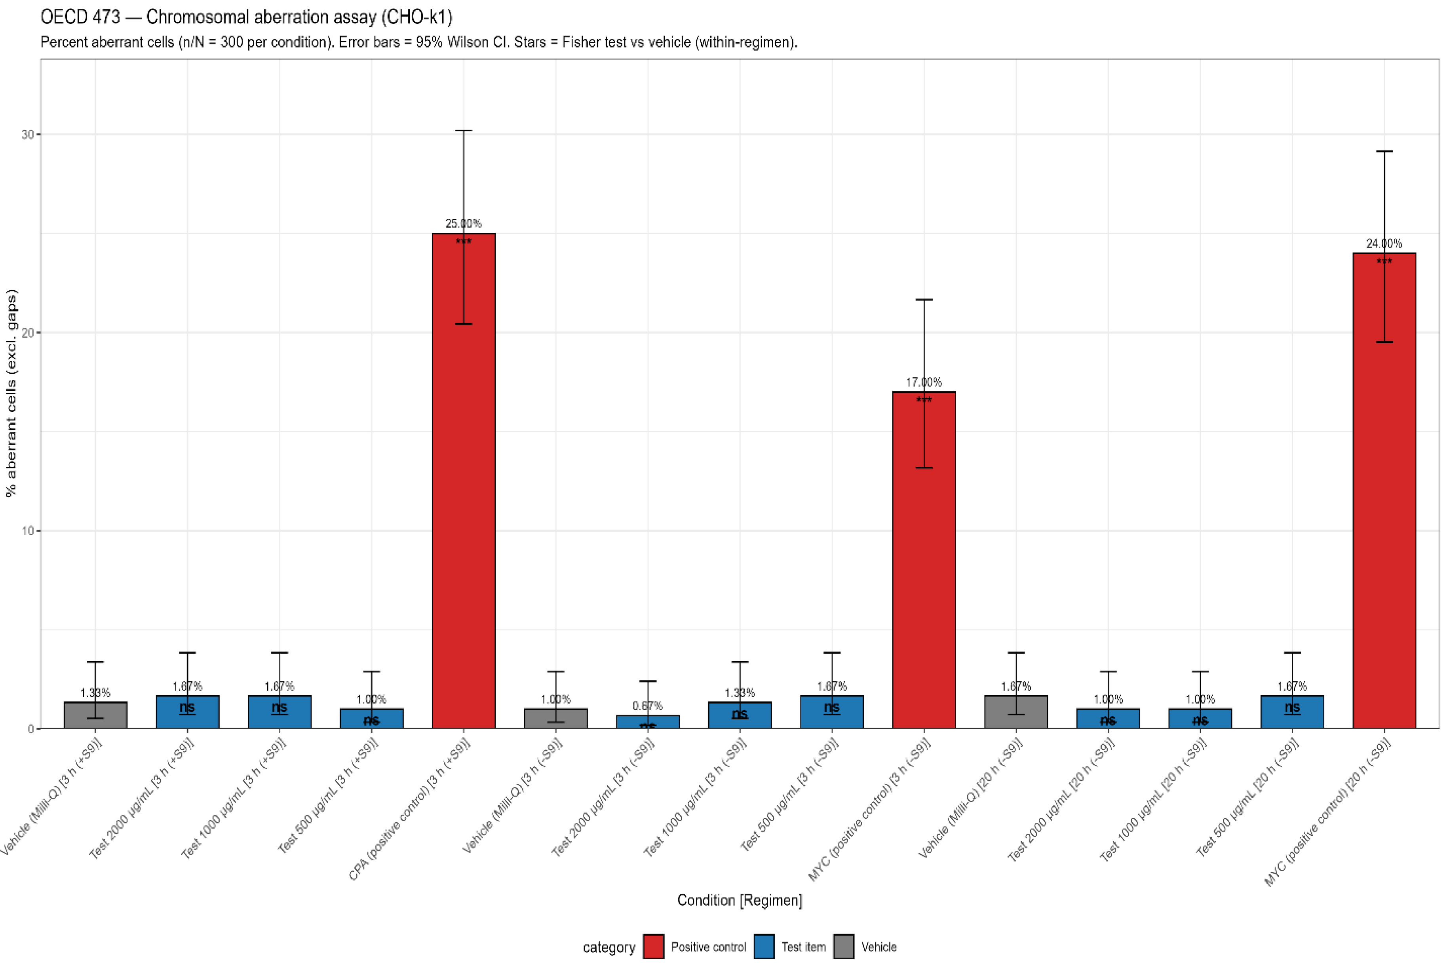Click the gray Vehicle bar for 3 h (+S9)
coord(95,715)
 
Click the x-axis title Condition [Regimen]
coord(739,900)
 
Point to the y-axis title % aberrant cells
coord(11,393)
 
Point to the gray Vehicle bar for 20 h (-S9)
coord(1016,712)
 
